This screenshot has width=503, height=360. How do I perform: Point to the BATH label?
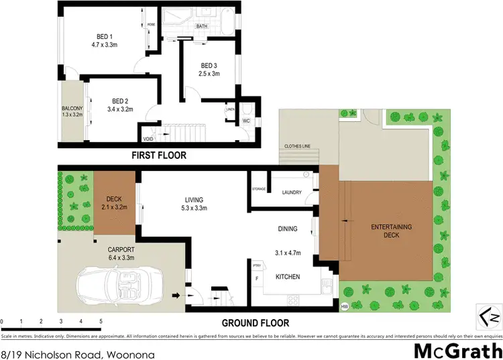point(201,26)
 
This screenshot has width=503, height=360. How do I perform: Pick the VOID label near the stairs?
point(148,139)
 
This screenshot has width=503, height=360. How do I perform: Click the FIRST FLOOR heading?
point(160,156)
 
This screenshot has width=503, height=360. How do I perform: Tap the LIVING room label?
point(194,200)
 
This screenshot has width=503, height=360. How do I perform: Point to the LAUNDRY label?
point(292,192)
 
